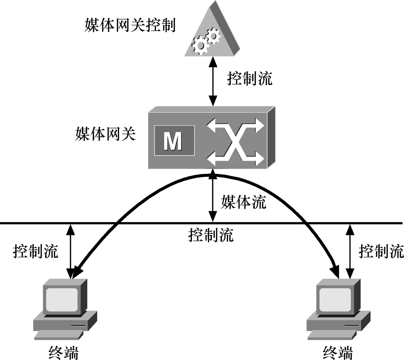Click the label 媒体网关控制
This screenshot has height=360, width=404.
click(130, 26)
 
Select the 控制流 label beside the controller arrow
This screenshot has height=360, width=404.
click(250, 78)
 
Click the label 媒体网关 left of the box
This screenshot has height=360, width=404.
click(105, 134)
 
